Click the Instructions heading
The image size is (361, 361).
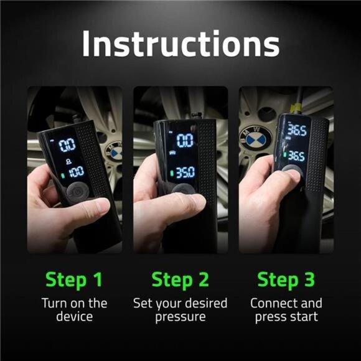tap(180, 44)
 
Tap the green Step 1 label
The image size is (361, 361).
tap(73, 280)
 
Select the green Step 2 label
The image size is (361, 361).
tap(180, 280)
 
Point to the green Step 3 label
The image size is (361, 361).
tap(286, 280)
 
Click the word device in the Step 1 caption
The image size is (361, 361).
tap(74, 317)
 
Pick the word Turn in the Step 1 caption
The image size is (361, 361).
tap(55, 304)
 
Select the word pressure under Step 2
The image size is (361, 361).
tap(180, 317)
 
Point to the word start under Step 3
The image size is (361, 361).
tap(304, 317)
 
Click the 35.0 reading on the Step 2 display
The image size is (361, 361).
tap(184, 172)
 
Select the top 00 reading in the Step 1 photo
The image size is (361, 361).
tap(68, 146)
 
